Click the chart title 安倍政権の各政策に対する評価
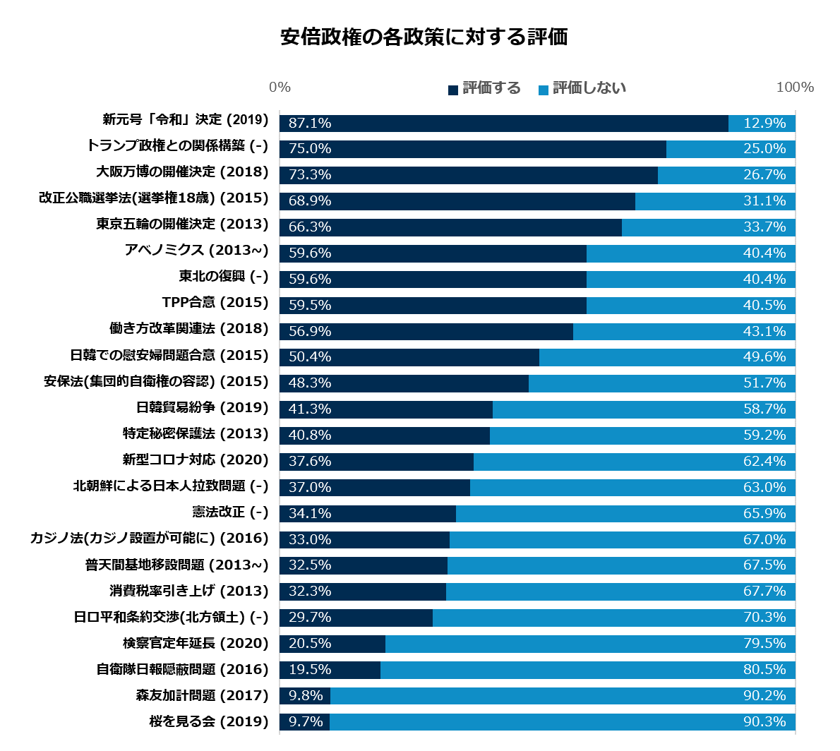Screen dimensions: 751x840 click(424, 37)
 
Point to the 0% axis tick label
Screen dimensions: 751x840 click(280, 88)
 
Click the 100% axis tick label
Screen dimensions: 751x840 click(795, 88)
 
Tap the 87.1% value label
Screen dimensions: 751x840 click(310, 123)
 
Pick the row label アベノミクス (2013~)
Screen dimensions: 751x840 click(196, 250)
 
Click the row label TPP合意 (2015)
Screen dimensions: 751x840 click(215, 302)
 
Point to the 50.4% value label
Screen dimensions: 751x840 click(310, 357)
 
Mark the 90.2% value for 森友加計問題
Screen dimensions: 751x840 click(764, 696)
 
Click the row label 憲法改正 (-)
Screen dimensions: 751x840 click(230, 512)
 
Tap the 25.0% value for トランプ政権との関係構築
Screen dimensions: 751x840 click(764, 149)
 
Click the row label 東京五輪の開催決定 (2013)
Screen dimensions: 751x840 click(182, 224)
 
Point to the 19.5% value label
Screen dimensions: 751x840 click(310, 670)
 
